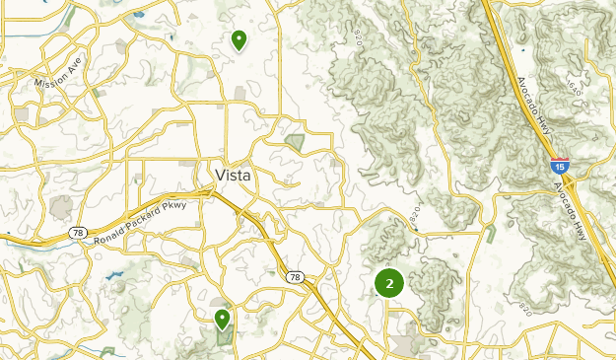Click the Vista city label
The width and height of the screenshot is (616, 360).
(x=233, y=175)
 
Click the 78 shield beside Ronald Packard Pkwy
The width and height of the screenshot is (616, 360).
(x=77, y=233)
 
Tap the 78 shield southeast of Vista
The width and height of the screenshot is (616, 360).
(x=295, y=278)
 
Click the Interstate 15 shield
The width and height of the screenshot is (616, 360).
(x=559, y=165)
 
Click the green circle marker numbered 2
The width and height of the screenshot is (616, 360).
(x=389, y=284)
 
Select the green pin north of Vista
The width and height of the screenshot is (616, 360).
(x=239, y=39)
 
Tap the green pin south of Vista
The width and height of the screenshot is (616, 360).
(x=223, y=318)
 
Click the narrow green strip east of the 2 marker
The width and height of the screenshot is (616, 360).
(x=490, y=235)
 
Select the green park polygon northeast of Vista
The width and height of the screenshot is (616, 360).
(x=294, y=143)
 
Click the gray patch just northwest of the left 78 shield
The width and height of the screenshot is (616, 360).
(x=61, y=208)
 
